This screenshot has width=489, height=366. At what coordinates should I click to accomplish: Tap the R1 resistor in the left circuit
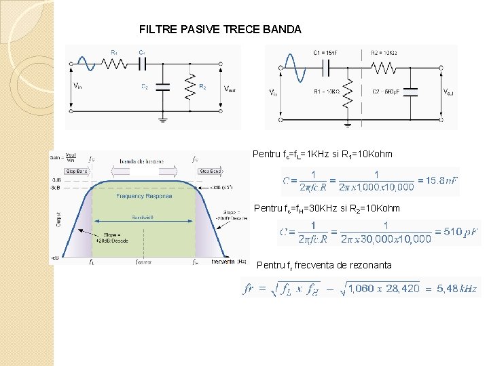pyautogui.click(x=114, y=63)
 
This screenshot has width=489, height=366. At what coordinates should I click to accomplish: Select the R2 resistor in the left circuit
pyautogui.click(x=192, y=86)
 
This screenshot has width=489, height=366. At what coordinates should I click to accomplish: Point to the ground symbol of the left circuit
pyautogui.click(x=163, y=120)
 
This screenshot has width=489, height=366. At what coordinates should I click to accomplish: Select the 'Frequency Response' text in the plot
pyautogui.click(x=144, y=196)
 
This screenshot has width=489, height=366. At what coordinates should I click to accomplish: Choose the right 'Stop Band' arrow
pyautogui.click(x=211, y=171)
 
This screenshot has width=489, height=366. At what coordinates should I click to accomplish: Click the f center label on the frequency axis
pyautogui.click(x=143, y=262)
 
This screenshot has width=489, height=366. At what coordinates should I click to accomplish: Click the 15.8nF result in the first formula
pyautogui.click(x=438, y=180)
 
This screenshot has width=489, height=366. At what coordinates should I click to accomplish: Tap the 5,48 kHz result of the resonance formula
pyautogui.click(x=456, y=289)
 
